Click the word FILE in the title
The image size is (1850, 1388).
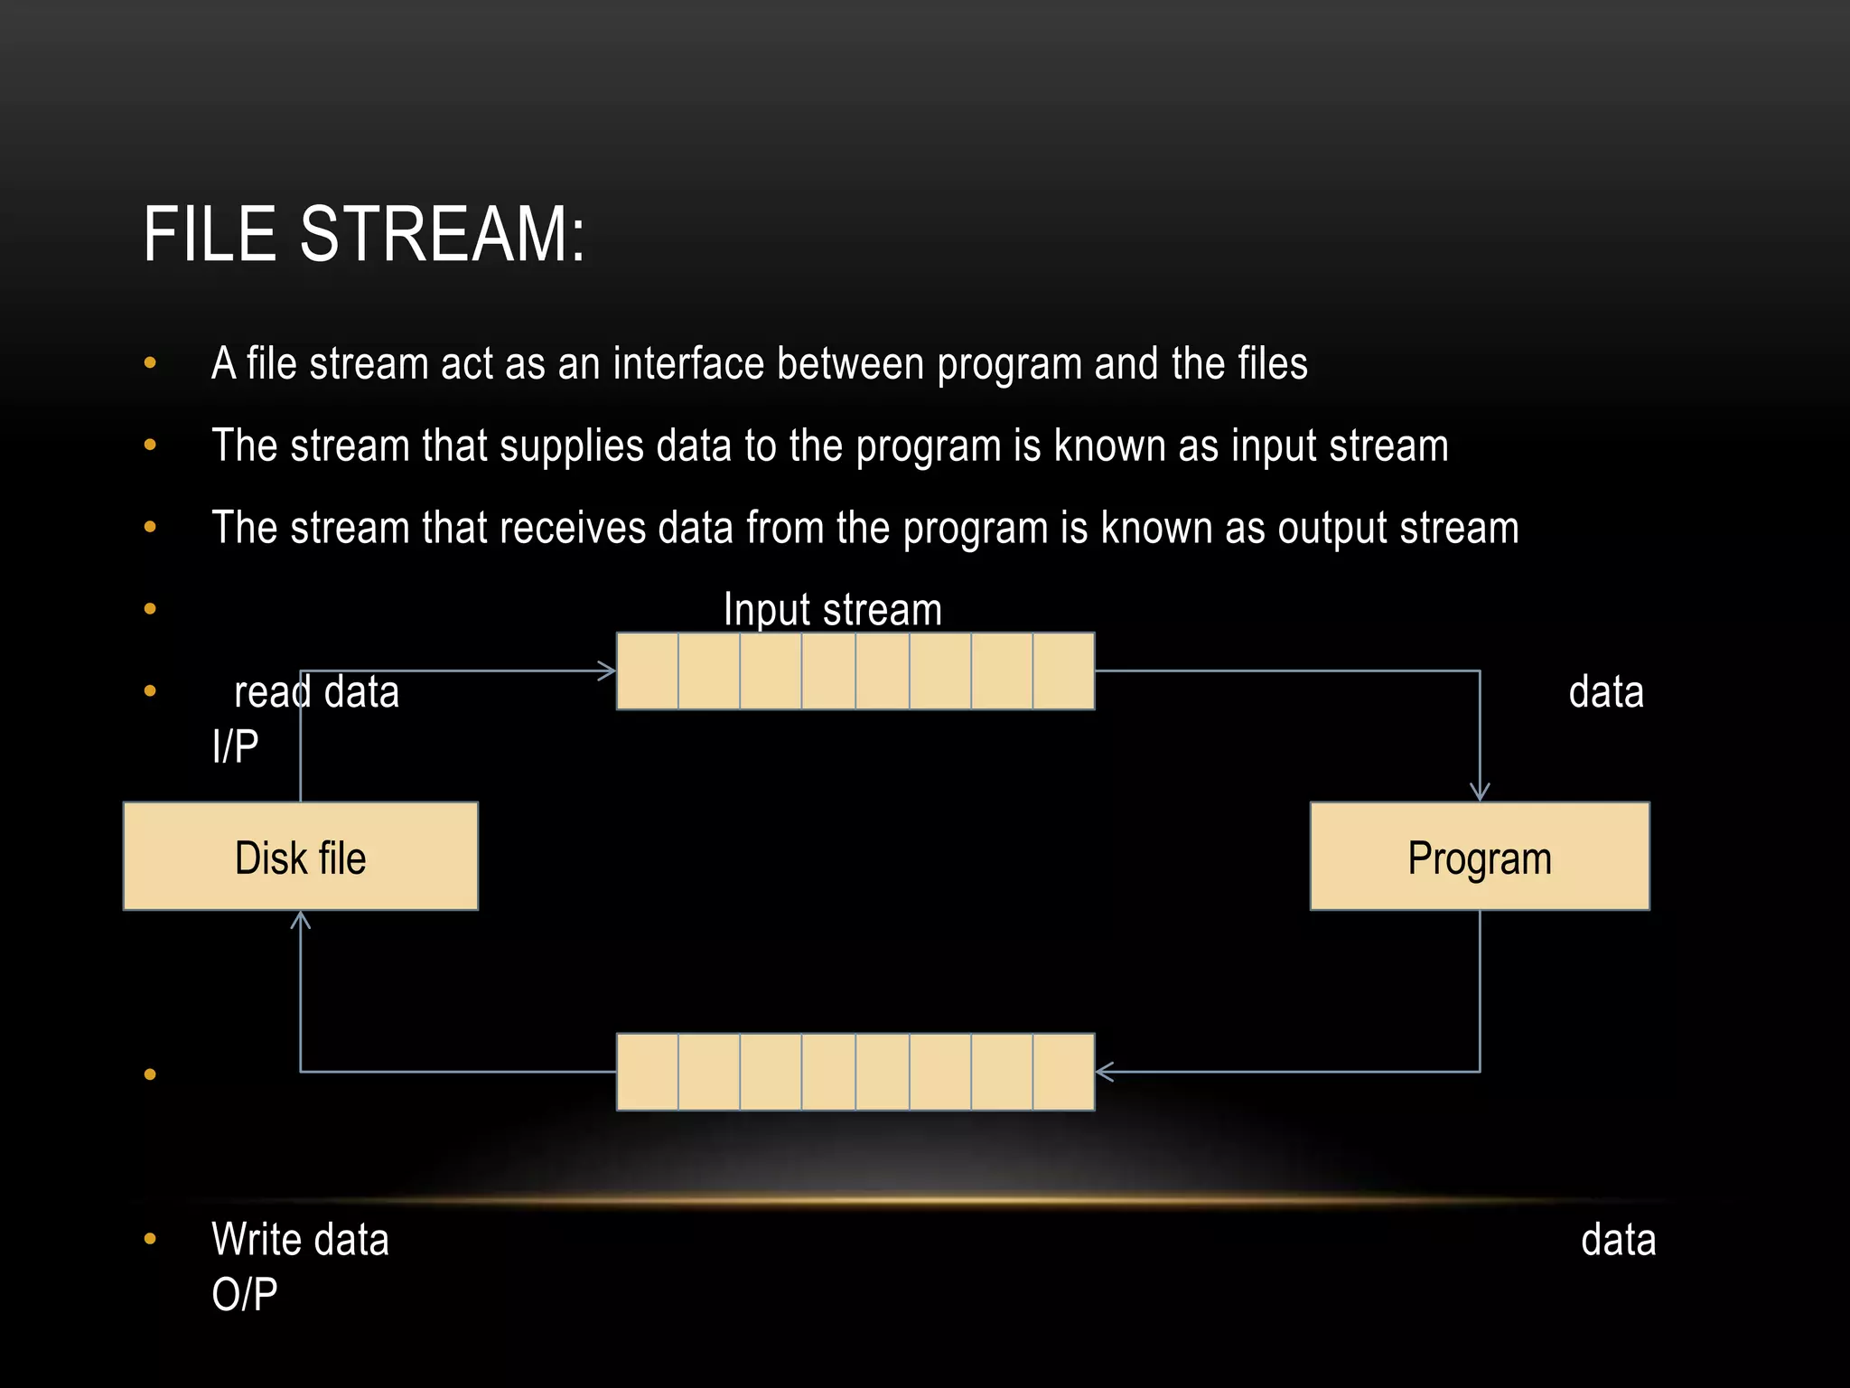[210, 235]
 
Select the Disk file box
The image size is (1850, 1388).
[300, 857]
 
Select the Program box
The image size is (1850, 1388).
[1480, 857]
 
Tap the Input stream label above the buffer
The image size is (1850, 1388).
[832, 609]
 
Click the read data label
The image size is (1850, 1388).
[316, 693]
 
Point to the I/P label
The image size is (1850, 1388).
[236, 747]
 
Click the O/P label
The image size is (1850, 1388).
[244, 1295]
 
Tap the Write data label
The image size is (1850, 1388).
[300, 1240]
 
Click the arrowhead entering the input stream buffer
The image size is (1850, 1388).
[608, 671]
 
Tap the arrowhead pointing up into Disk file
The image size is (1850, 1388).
[300, 920]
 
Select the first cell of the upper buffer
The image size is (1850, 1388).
[648, 671]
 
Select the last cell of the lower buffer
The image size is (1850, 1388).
[1063, 1072]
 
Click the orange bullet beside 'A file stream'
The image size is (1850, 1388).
[150, 364]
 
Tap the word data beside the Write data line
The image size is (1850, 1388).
[1618, 1240]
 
